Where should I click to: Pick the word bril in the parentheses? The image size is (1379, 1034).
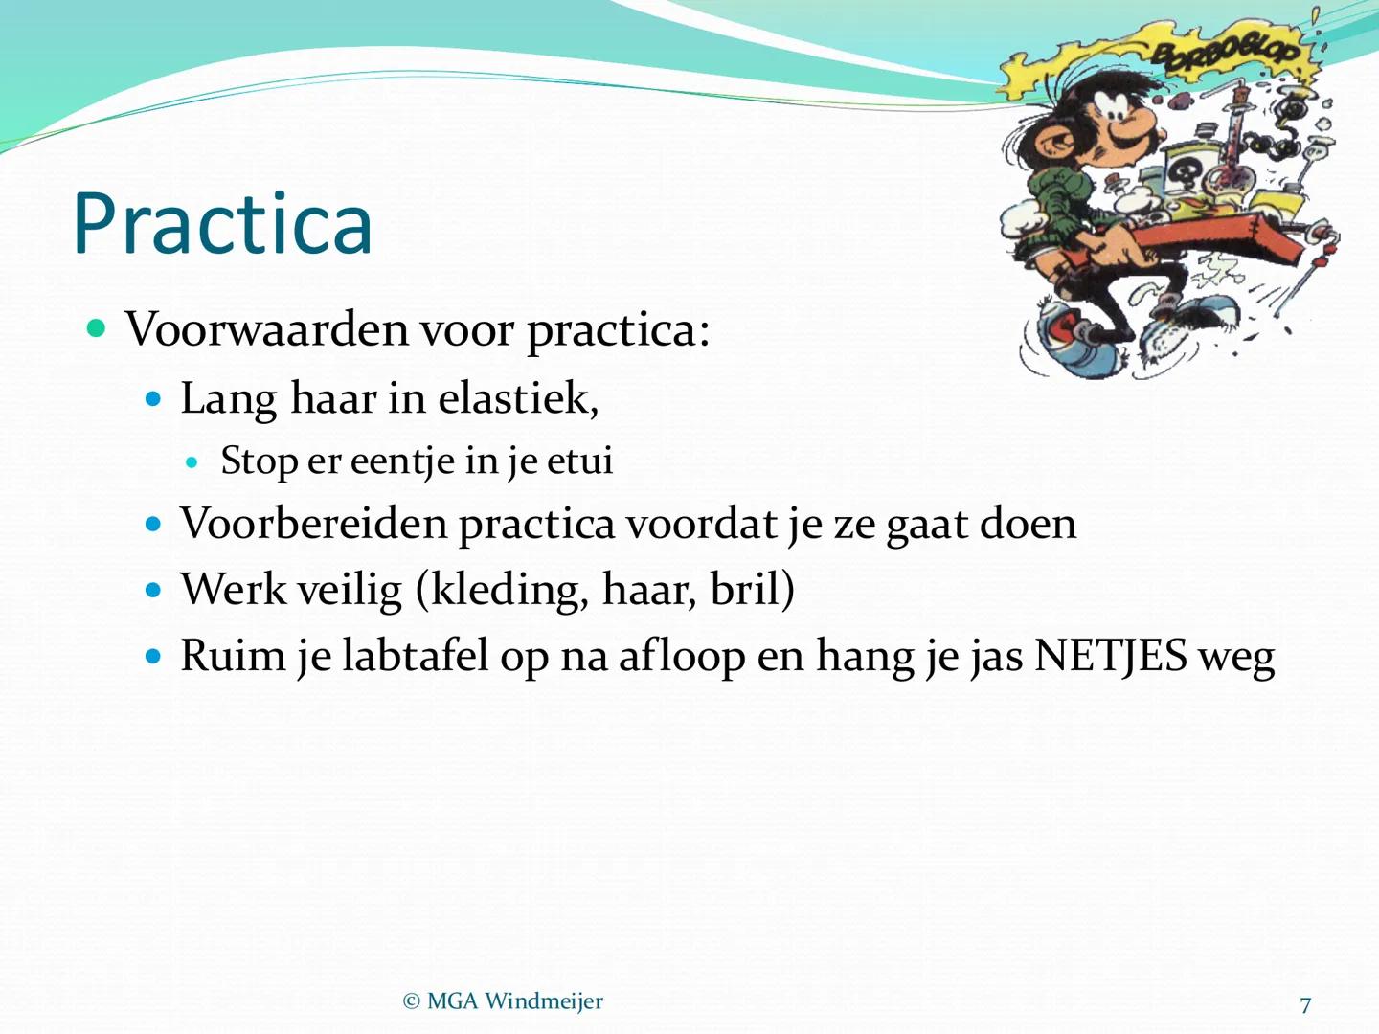747,590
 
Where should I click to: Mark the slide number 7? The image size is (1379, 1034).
1305,1005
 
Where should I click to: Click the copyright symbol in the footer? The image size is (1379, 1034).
412,1001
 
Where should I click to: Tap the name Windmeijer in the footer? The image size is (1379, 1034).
544,1001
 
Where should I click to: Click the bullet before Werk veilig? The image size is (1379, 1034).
154,590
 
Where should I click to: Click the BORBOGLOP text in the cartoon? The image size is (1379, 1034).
1225,53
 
